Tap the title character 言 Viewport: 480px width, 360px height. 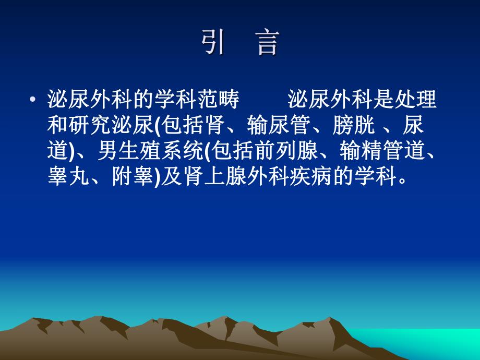[x=268, y=43]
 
